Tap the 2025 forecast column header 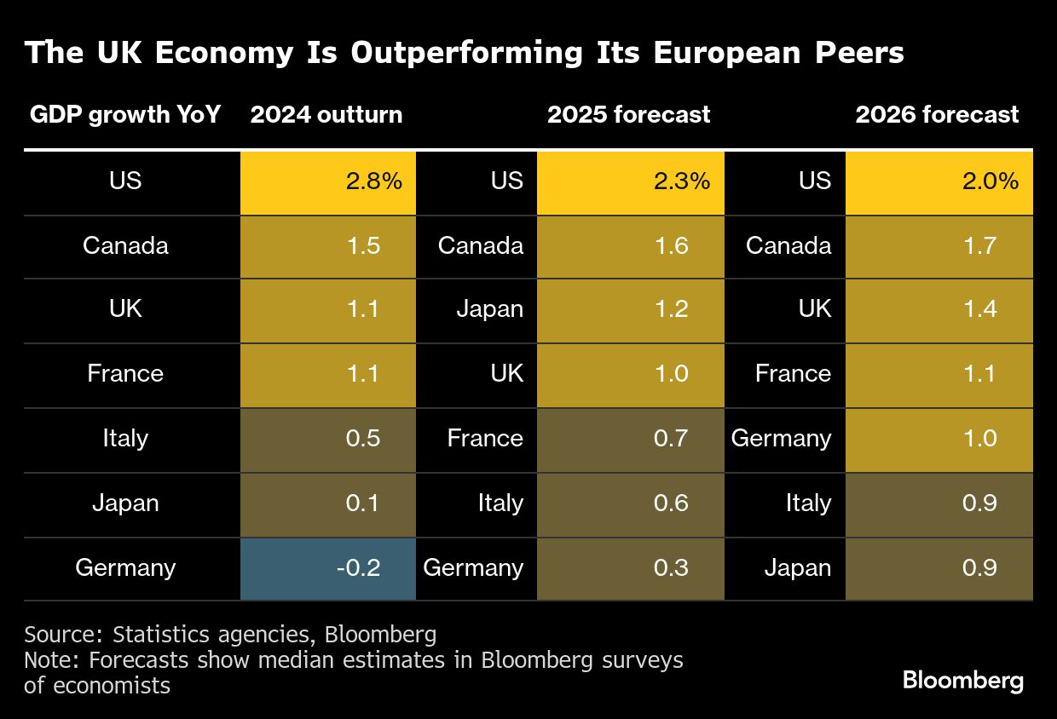point(628,115)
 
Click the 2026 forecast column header point(937,115)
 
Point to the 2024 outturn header point(326,115)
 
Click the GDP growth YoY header point(125,115)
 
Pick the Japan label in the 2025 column point(489,308)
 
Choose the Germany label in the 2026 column point(781,438)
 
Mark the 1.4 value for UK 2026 point(979,308)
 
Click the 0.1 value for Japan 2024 point(361,503)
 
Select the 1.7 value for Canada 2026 point(979,246)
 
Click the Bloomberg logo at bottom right point(962,681)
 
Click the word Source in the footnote point(60,635)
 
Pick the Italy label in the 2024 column point(125,438)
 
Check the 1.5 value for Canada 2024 point(361,246)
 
